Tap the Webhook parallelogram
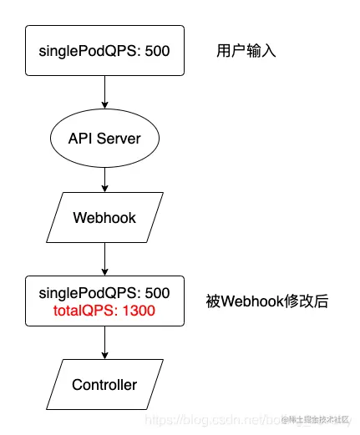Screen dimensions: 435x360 (x=104, y=218)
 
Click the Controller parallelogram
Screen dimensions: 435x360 (x=104, y=385)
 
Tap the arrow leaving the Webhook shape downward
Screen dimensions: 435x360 (x=104, y=259)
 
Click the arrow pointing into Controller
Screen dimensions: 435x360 (x=104, y=344)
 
